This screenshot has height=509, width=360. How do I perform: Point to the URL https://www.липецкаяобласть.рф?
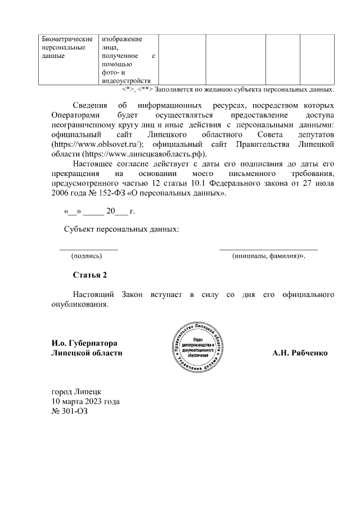click(145, 154)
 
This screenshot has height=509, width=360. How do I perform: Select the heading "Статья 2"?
click(89, 274)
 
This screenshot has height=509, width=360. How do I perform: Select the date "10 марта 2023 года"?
click(85, 402)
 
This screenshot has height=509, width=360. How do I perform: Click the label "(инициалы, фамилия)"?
click(267, 255)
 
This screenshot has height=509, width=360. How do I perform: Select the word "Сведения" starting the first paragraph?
click(92, 105)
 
